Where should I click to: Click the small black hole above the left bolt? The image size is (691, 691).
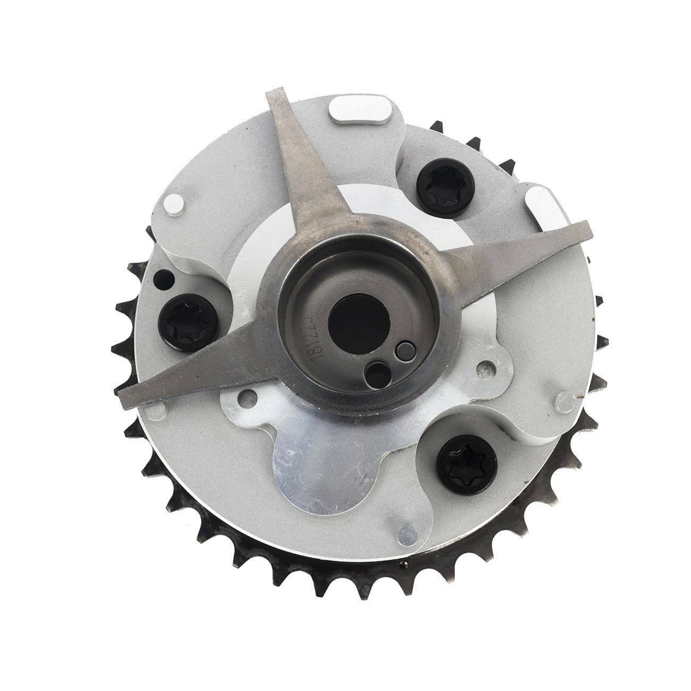(159, 277)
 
